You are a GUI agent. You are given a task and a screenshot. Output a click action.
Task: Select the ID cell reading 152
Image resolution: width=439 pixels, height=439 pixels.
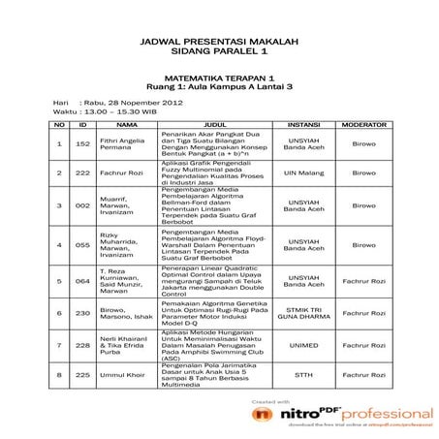[82, 144]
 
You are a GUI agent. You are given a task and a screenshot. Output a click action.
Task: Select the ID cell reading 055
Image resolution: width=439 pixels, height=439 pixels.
[82, 244]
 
